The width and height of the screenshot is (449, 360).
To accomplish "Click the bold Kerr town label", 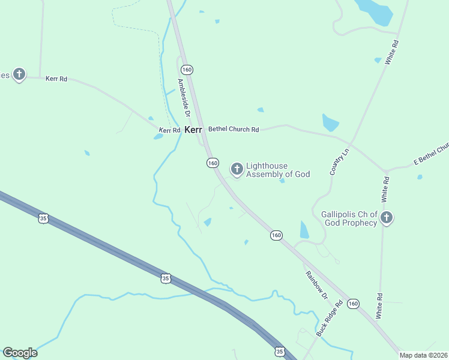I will (x=193, y=130).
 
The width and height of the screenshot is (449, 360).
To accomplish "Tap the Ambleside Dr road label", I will (x=183, y=97).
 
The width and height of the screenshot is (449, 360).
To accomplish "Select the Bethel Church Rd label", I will (x=234, y=129).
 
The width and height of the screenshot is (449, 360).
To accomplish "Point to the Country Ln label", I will (x=339, y=162).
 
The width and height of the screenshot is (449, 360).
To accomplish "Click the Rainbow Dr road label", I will (x=315, y=284).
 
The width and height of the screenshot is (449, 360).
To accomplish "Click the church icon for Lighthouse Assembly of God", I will (x=237, y=169).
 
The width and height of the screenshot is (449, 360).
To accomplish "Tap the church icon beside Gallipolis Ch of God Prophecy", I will (x=387, y=217).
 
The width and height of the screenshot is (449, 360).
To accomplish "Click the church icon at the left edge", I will (x=19, y=74).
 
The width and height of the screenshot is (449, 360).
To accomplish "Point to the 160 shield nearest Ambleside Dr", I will (x=188, y=70).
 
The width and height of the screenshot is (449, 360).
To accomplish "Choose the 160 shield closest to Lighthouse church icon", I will (x=212, y=163).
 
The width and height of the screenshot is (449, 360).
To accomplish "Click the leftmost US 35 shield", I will (x=43, y=218).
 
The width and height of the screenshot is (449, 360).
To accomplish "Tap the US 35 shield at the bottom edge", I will (x=279, y=351).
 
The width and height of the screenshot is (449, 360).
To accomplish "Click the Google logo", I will (x=20, y=353).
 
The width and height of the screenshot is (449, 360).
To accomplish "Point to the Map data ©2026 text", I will (x=423, y=355).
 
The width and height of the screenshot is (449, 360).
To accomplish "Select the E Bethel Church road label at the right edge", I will (x=431, y=155).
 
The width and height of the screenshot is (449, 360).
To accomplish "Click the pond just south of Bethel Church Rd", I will (x=330, y=122).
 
